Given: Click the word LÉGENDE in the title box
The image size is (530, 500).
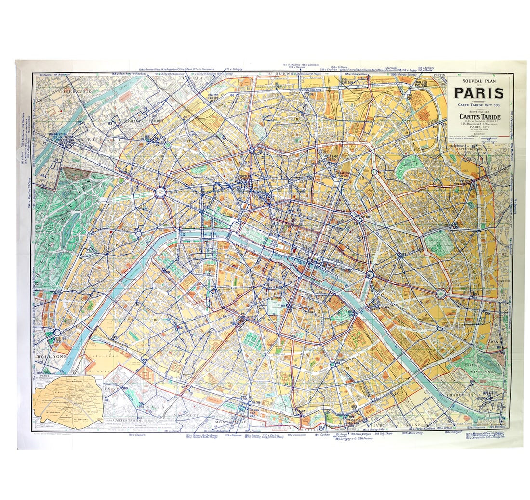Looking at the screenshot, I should pos(478,133).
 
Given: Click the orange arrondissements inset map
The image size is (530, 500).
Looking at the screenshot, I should pos(68,402).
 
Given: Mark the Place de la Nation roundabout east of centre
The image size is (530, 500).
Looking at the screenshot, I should pos(440,293).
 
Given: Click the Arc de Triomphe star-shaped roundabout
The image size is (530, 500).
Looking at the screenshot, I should pos(159,192).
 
